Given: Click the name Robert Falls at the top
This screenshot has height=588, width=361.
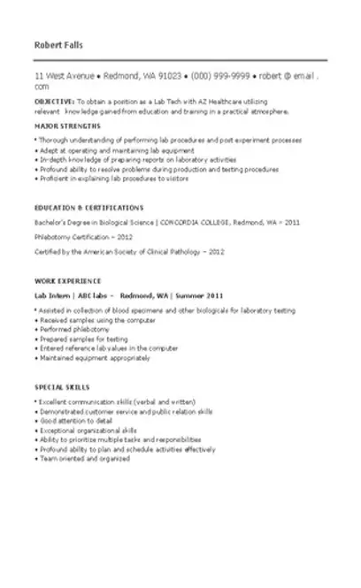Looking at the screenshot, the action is point(59,44).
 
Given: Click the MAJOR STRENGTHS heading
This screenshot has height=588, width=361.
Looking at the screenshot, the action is point(67,126).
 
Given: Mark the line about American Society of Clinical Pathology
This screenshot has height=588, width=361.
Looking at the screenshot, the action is point(129,252).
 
